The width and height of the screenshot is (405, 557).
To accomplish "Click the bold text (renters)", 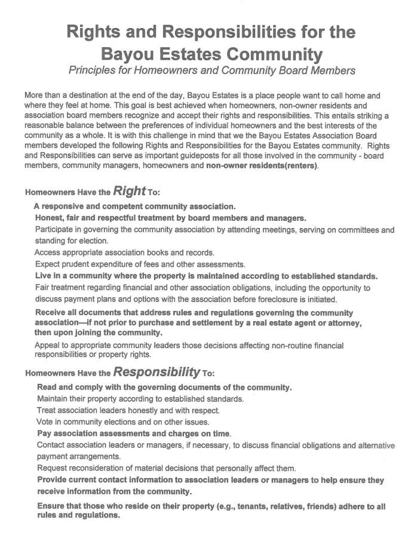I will point(296,167).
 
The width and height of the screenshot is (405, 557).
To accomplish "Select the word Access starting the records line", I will point(48,253).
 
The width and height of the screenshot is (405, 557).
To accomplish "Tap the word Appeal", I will point(49,345).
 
